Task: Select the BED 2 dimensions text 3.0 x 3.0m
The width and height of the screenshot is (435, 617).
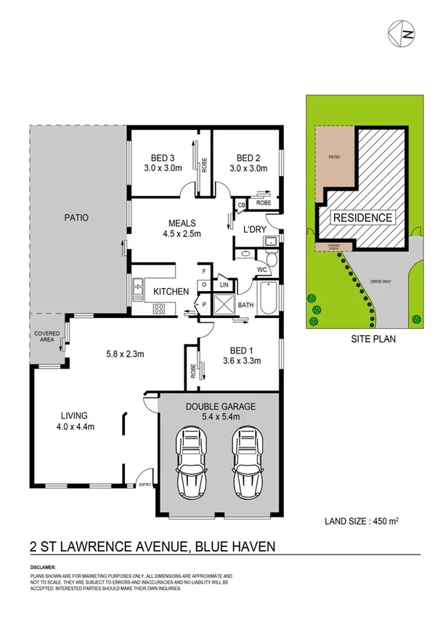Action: coord(247,169)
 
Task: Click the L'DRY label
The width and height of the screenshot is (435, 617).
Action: coord(254,230)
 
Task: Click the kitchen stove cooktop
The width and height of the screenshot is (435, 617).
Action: coord(159,309)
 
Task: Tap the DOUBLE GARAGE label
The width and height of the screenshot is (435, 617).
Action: coord(220,407)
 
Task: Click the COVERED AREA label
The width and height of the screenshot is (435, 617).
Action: coord(46,337)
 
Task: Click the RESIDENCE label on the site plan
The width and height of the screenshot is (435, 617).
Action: coord(363,218)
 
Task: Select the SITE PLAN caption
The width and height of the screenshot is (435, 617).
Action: coord(361,339)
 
